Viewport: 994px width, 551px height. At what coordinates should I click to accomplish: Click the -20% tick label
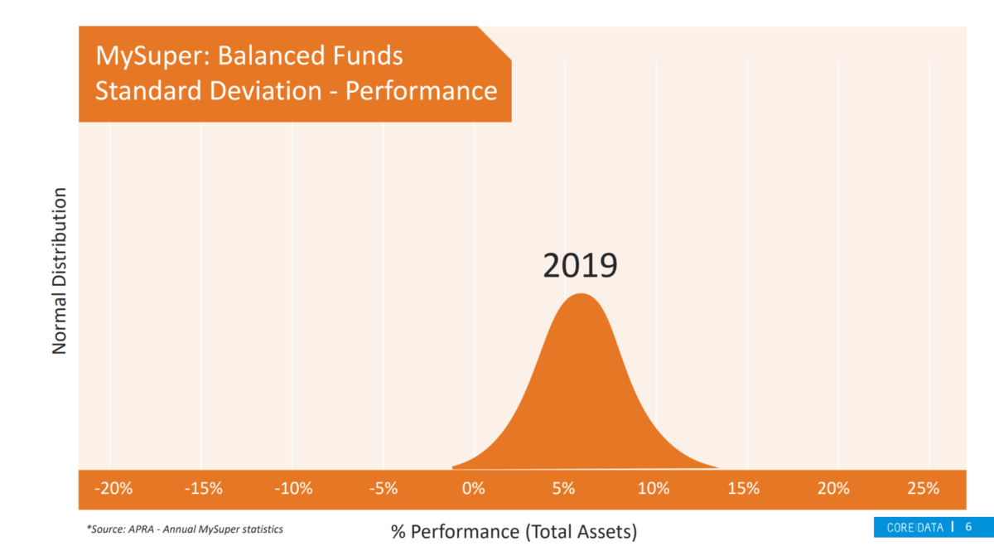coord(113,488)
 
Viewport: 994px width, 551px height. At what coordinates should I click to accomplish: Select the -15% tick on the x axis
coord(204,488)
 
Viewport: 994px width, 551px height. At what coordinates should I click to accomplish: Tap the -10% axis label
coord(294,488)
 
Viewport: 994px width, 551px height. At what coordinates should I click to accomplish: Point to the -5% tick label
coord(384,488)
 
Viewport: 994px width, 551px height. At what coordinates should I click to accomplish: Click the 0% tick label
coord(474,488)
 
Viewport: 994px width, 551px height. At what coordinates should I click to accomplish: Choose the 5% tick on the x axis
coord(564,488)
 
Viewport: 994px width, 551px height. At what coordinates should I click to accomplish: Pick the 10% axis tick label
coord(654,488)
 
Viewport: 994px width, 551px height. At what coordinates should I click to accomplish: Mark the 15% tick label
coord(744,488)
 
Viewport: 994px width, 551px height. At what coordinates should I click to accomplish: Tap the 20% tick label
coord(834,488)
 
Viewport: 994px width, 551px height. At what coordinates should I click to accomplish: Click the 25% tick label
coord(924,488)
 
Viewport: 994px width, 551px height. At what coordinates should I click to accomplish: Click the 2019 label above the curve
coord(580,265)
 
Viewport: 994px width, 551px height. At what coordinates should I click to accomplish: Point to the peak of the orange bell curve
coord(581,295)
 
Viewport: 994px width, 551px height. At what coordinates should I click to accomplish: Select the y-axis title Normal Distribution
coord(60,271)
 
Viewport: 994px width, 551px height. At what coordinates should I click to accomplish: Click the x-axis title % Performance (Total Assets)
coord(514,531)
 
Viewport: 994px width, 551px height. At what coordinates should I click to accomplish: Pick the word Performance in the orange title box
coord(421,90)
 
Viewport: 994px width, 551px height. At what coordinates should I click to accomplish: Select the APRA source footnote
coord(185,529)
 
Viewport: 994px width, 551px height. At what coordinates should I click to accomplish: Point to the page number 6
coord(968,527)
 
